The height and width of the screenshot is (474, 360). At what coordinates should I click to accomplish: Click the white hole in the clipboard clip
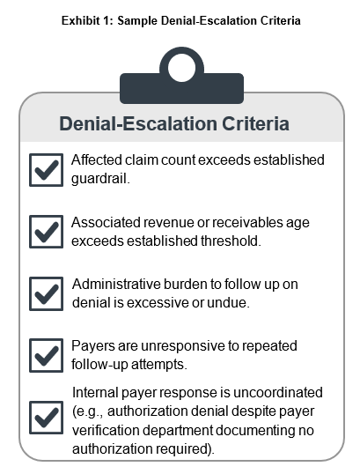pyautogui.click(x=181, y=68)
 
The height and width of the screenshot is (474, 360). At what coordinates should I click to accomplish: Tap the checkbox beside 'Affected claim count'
pyautogui.click(x=46, y=170)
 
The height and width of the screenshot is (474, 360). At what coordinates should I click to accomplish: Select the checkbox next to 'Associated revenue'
pyautogui.click(x=46, y=232)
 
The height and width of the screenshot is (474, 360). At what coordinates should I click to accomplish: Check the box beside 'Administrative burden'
pyautogui.click(x=46, y=293)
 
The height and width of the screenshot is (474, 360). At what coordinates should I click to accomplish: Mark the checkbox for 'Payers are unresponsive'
pyautogui.click(x=46, y=355)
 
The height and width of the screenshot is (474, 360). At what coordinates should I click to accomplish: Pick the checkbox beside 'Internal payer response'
pyautogui.click(x=46, y=418)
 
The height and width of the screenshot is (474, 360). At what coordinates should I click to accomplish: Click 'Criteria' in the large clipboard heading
pyautogui.click(x=255, y=123)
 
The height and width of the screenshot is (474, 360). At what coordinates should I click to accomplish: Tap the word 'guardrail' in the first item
pyautogui.click(x=100, y=179)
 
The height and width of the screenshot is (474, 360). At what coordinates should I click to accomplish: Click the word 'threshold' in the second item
pyautogui.click(x=231, y=241)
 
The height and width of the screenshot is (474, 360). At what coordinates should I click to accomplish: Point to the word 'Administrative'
pyautogui.click(x=116, y=285)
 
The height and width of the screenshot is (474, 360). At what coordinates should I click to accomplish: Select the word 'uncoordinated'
pyautogui.click(x=278, y=392)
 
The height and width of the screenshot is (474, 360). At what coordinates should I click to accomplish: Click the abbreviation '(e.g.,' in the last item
pyautogui.click(x=88, y=411)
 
